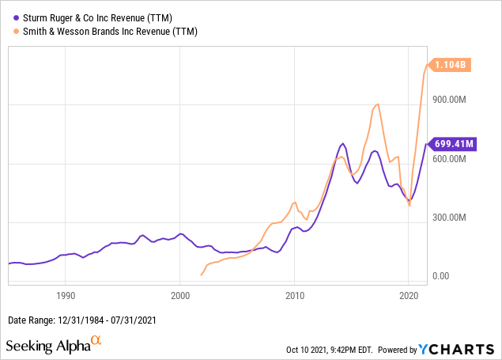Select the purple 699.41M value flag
coord(452,144)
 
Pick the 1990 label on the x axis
coord(66,295)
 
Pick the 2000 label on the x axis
coord(180,295)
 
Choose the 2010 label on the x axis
coord(295,295)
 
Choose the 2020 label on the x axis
coord(409,295)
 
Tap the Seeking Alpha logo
coord(54,345)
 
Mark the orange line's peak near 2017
coord(378,104)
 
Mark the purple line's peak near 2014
coord(342,143)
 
